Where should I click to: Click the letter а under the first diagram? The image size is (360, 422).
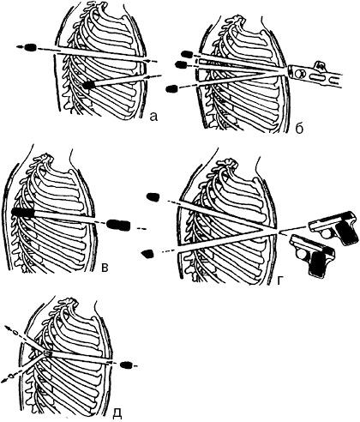[153, 116]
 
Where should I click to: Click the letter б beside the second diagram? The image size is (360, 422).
[299, 129]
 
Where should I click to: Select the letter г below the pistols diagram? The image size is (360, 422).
[280, 281]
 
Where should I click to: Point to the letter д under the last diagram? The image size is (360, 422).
[117, 414]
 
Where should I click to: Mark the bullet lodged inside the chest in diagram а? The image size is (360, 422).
[89, 85]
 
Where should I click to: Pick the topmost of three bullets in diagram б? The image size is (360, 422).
[187, 53]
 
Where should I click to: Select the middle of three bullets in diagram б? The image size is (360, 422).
[181, 64]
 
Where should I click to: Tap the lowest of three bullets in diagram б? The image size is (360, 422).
[171, 88]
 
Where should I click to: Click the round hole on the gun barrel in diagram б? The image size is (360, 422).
[298, 74]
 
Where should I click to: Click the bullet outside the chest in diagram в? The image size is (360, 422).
[118, 225]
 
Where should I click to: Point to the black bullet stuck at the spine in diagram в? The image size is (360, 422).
[23, 212]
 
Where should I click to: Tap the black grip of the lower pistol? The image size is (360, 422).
[318, 264]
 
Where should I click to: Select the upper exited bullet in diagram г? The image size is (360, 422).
[153, 196]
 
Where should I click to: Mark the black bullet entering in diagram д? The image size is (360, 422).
[127, 365]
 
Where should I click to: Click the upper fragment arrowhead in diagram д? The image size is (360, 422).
[9, 328]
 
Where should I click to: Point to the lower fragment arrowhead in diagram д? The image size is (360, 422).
[5, 381]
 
